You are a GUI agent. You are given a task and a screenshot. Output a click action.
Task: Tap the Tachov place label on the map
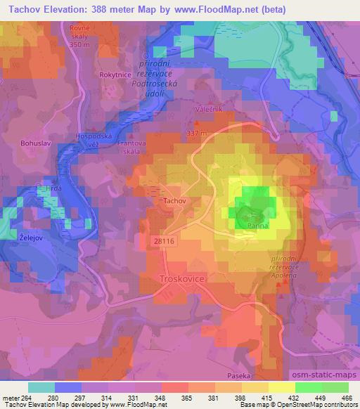click(x=174, y=201)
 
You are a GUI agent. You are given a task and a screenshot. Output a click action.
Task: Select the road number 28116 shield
click(x=157, y=240)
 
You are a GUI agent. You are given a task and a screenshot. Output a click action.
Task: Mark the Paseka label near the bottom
click(x=240, y=376)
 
